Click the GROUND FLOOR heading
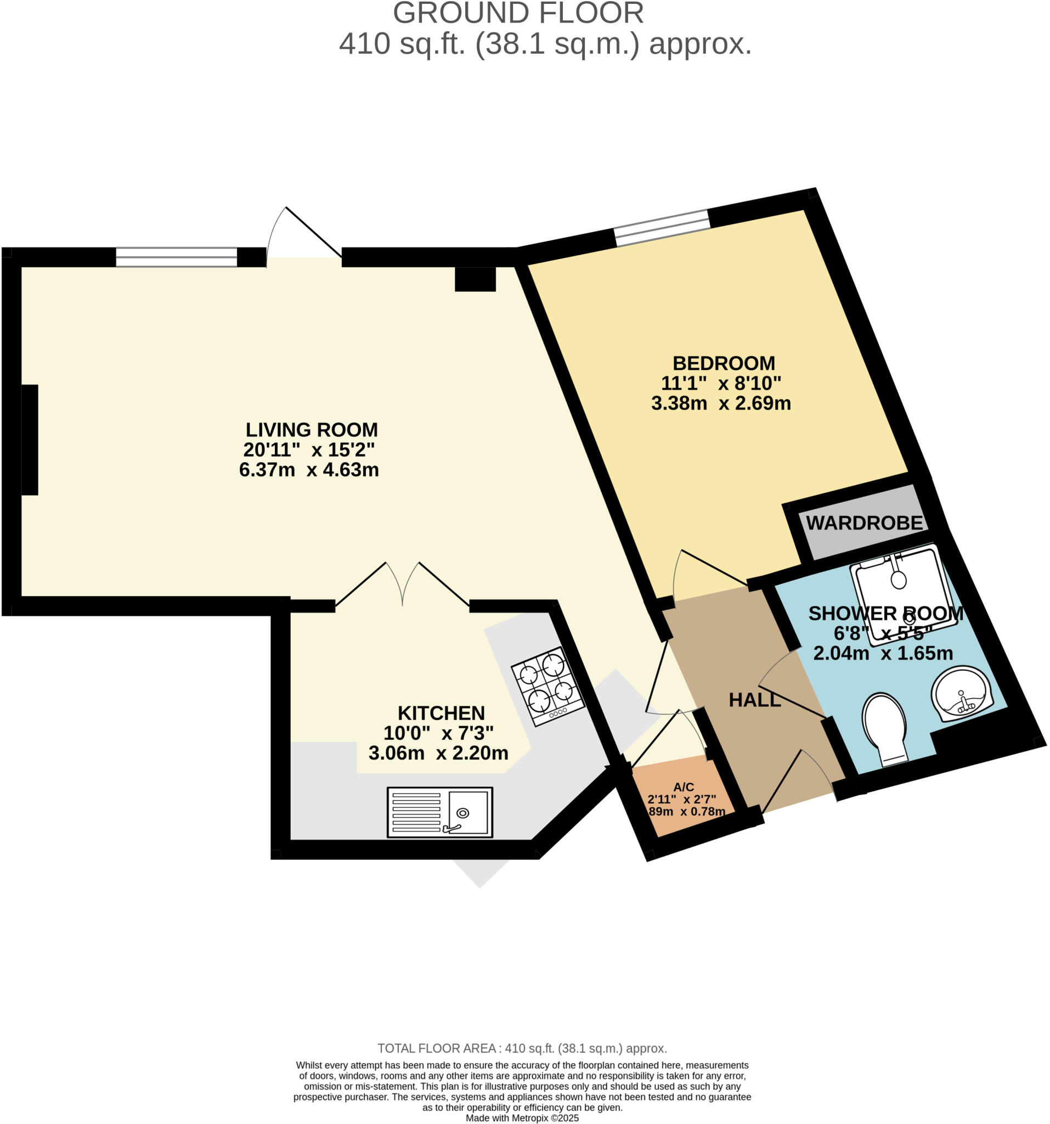click(518, 13)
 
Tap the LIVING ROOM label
click(312, 430)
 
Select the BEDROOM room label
click(724, 363)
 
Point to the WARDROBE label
click(863, 523)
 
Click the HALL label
click(754, 700)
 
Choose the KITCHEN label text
click(441, 712)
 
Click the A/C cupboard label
click(683, 787)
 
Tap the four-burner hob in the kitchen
click(547, 686)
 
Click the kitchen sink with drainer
click(439, 812)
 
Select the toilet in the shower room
click(884, 728)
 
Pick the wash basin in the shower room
click(961, 694)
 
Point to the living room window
click(176, 257)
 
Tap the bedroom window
click(661, 228)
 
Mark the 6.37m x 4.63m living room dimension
click(308, 470)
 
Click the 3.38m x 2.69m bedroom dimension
click(720, 403)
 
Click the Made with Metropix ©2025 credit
click(522, 1118)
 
